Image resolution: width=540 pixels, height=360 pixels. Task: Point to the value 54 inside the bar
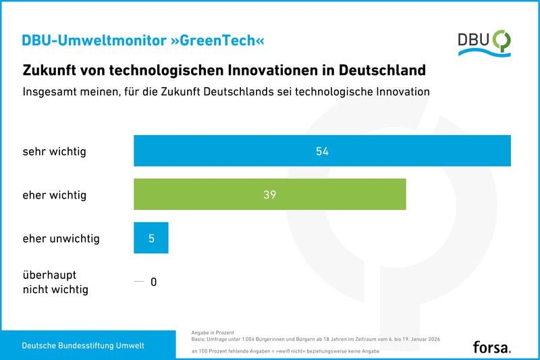tap(322, 151)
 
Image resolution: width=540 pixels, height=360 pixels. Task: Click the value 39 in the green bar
tap(270, 195)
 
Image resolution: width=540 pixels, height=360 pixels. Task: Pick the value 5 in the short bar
tap(151, 238)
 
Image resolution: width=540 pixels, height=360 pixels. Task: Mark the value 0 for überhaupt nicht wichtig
tap(153, 282)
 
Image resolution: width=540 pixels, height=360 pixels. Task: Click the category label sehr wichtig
tap(55, 151)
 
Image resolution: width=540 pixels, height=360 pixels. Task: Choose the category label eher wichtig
tap(55, 195)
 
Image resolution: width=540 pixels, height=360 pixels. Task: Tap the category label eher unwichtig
tap(61, 238)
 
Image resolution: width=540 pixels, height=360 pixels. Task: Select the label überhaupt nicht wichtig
tap(55, 282)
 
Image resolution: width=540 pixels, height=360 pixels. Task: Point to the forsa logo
tap(492, 346)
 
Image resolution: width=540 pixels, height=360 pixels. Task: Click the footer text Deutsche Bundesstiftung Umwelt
tap(83, 346)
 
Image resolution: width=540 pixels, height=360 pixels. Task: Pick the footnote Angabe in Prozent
tap(212, 332)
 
